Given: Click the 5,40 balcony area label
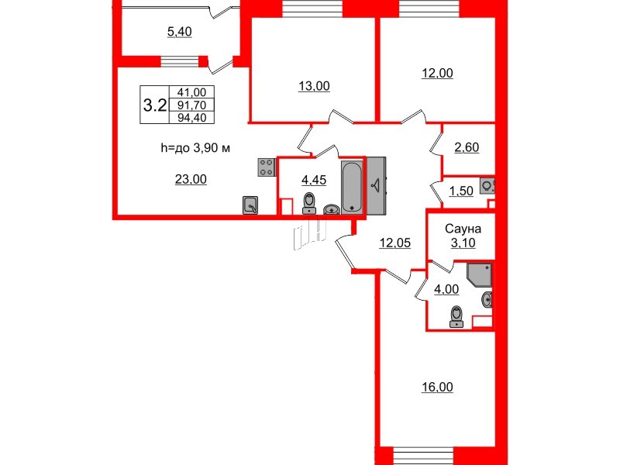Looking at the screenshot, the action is (180, 32).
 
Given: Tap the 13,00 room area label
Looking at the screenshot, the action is (314, 86).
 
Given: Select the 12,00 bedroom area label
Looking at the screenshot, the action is (437, 73).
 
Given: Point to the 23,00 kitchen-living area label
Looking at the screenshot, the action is (191, 180).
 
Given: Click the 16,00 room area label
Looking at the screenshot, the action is (437, 387).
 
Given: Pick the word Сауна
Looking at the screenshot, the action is (463, 229).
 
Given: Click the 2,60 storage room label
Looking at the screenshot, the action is (467, 147).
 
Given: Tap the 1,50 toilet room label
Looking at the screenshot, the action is (461, 191).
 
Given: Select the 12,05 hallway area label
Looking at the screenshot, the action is (395, 243).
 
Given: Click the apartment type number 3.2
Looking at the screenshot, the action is (154, 105).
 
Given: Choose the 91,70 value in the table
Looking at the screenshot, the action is (191, 105).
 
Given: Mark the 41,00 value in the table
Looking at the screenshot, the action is (191, 92).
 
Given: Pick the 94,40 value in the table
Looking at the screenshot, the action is (191, 118).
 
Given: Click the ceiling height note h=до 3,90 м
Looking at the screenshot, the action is (195, 148).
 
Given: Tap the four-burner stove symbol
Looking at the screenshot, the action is (267, 167).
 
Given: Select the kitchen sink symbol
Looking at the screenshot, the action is (250, 205).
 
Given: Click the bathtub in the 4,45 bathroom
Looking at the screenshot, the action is (352, 187).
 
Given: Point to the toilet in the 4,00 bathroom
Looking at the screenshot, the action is (456, 316).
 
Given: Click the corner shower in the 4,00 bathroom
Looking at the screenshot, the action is (479, 274).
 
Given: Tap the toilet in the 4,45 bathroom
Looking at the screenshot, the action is (309, 203).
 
